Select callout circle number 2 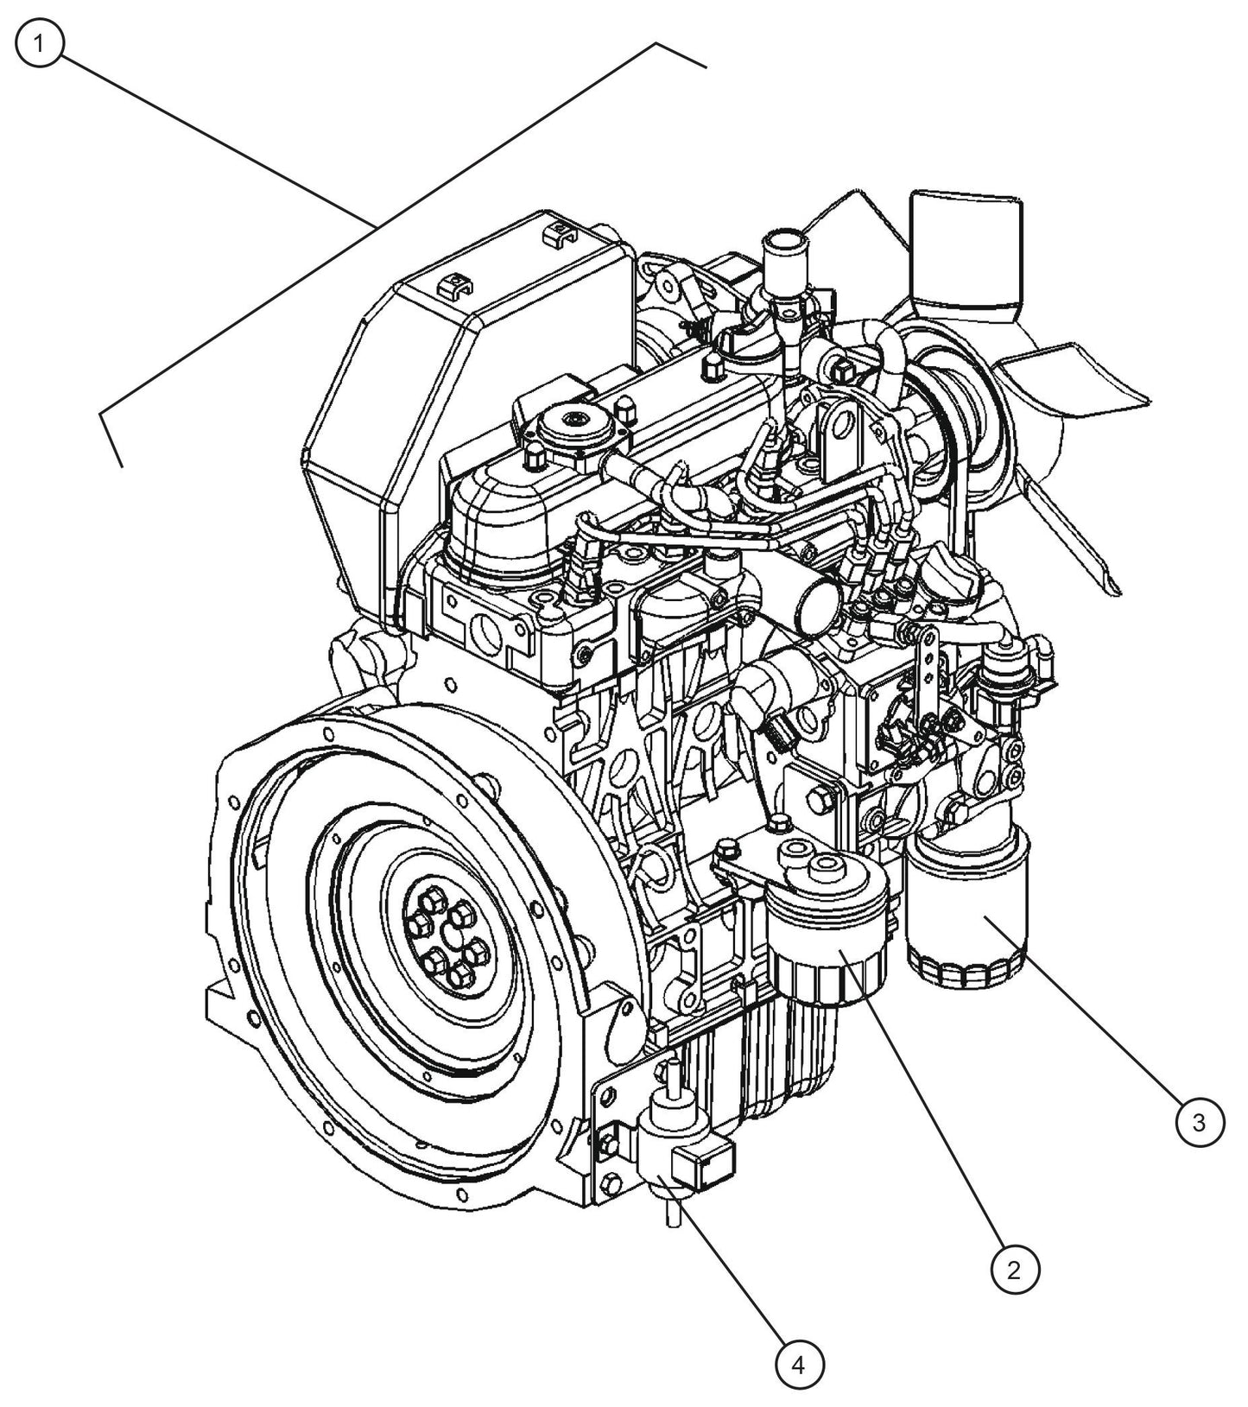(x=1015, y=1269)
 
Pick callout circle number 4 (x=800, y=1366)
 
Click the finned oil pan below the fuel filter (x=782, y=1054)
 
